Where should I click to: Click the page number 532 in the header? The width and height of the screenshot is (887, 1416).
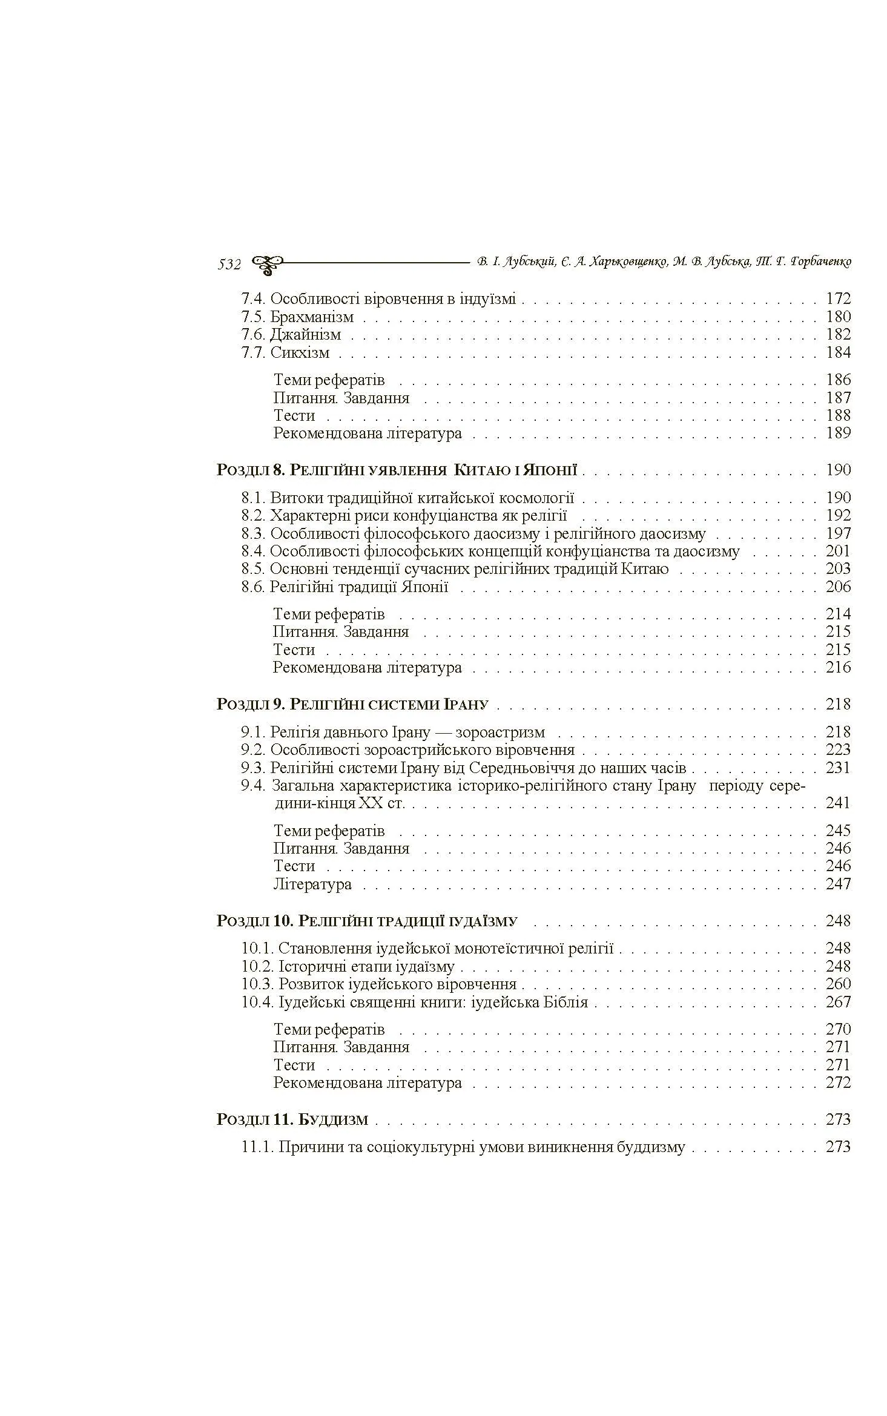(x=229, y=265)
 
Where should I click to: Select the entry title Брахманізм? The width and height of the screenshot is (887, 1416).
(x=311, y=317)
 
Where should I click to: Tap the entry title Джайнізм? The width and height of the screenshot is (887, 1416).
(x=305, y=335)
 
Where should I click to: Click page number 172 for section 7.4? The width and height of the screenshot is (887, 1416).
(x=838, y=298)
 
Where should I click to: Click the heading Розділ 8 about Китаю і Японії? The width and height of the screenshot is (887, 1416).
(x=397, y=470)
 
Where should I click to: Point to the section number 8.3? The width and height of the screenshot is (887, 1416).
(x=253, y=534)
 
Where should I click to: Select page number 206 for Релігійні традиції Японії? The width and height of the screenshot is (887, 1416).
(x=838, y=587)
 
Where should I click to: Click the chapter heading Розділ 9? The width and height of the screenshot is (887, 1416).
(x=352, y=705)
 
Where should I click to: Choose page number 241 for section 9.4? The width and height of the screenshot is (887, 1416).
(x=838, y=803)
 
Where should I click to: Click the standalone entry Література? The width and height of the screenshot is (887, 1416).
(x=312, y=884)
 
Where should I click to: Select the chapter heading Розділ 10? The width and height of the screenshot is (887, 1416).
(x=366, y=921)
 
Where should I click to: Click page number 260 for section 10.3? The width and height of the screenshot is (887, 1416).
(x=838, y=984)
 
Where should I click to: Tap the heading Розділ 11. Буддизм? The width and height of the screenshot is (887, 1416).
(x=292, y=1120)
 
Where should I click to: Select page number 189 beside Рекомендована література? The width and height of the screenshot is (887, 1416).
(x=838, y=433)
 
